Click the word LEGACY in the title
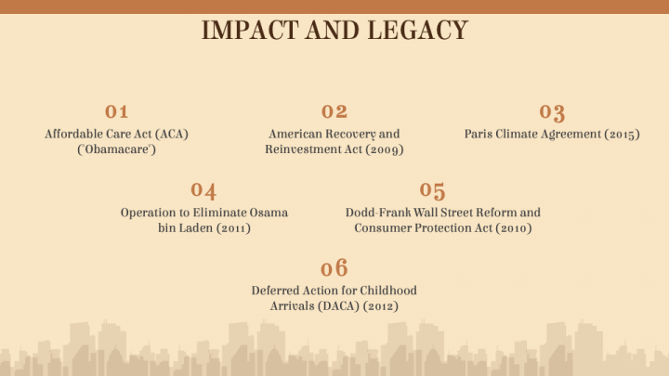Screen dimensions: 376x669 click(x=417, y=30)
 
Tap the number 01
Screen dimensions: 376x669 click(x=116, y=112)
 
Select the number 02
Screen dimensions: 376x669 click(x=334, y=112)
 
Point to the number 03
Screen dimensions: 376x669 click(x=552, y=113)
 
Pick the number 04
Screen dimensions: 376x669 click(x=203, y=191)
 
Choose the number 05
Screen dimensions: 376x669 click(x=432, y=190)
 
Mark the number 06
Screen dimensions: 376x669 click(x=334, y=269)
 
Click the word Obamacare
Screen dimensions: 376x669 click(x=116, y=149)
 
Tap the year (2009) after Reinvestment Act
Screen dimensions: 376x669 click(x=385, y=149)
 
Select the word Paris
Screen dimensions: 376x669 click(x=481, y=134)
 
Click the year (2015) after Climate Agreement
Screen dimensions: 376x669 click(x=622, y=134)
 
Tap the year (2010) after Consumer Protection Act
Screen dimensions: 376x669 click(x=513, y=228)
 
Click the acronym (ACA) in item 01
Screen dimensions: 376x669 click(x=170, y=134)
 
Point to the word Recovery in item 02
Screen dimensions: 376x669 click(x=348, y=134)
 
